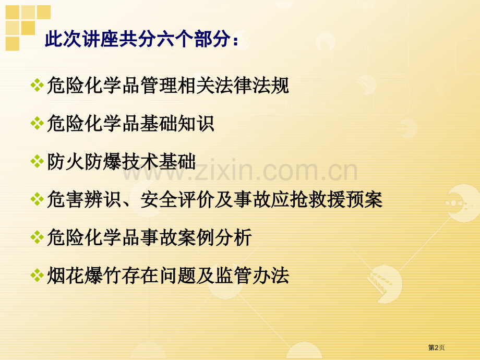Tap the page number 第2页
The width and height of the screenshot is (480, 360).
point(437,347)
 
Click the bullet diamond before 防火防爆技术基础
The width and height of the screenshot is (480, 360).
point(37,162)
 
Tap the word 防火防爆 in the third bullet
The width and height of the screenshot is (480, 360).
point(85,162)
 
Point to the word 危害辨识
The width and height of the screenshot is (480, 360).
point(85,199)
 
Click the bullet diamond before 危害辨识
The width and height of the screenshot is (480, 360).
point(37,199)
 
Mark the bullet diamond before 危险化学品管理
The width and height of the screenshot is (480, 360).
point(37,86)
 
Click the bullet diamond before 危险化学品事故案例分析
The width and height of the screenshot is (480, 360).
point(37,237)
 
